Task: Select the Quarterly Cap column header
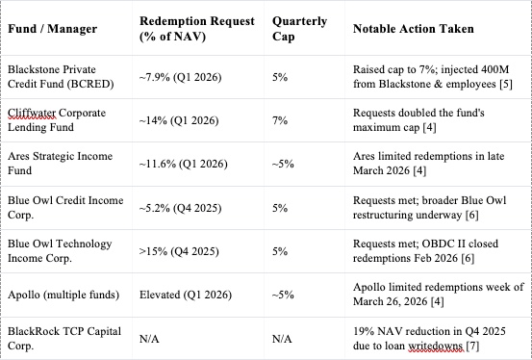(x=299, y=29)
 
